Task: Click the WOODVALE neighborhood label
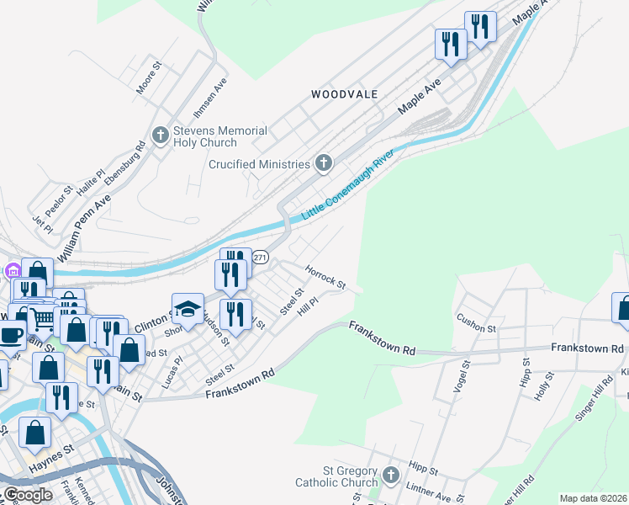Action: coord(344,94)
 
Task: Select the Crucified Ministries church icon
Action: coord(324,164)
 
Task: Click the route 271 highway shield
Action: coord(261,258)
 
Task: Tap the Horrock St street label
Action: coord(325,278)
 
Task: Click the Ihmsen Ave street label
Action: coord(220,97)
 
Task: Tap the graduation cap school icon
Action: coord(188,309)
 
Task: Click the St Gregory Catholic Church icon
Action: coord(390,476)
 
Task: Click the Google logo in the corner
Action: coord(28,495)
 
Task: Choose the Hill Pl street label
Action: coord(308,305)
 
